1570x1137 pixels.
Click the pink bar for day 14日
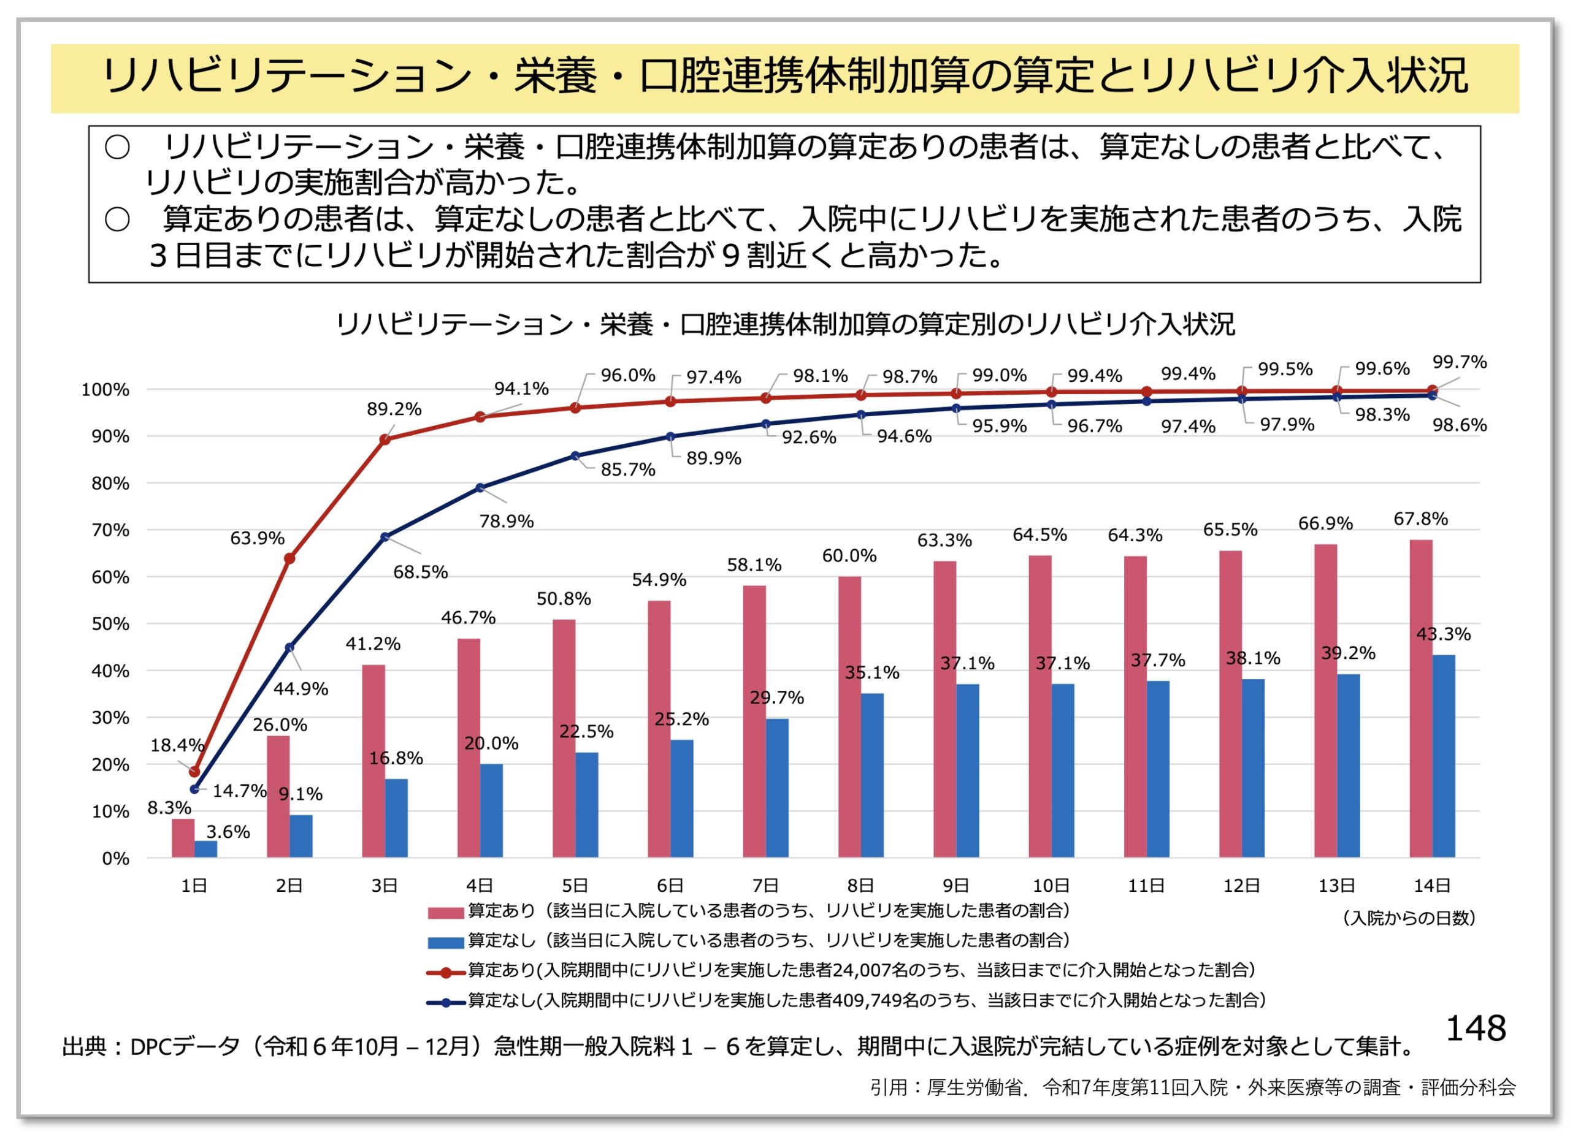tap(1420, 698)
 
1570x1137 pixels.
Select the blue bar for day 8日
tap(872, 775)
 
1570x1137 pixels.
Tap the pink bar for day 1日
tap(183, 838)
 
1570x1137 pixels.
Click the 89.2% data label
tap(394, 409)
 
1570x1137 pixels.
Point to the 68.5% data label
tap(420, 572)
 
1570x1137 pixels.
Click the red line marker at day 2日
tap(289, 558)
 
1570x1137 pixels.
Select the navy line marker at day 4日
tap(480, 488)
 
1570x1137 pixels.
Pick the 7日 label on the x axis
tap(765, 886)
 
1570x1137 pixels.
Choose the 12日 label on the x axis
tap(1242, 886)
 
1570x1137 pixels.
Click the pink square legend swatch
tap(445, 913)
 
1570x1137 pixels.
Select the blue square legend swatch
tap(445, 943)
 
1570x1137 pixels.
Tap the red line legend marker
tap(445, 973)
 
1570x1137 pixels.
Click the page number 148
tap(1476, 1029)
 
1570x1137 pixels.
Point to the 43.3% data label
tap(1443, 634)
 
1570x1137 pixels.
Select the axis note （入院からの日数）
tap(1409, 918)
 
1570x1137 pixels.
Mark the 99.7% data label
tap(1459, 362)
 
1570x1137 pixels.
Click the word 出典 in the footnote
tap(82, 1047)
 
